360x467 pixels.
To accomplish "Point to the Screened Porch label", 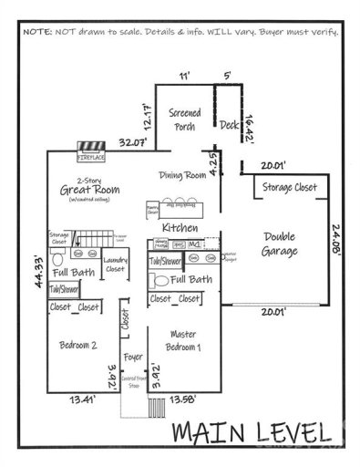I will coord(185,119).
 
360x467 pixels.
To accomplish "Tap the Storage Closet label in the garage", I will coord(291,186).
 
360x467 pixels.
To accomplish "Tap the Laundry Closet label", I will coord(116,265).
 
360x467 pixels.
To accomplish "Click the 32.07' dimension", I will coord(136,143).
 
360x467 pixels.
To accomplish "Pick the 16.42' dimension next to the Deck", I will coord(251,120).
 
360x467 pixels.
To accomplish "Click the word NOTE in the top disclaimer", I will coord(37,29).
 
